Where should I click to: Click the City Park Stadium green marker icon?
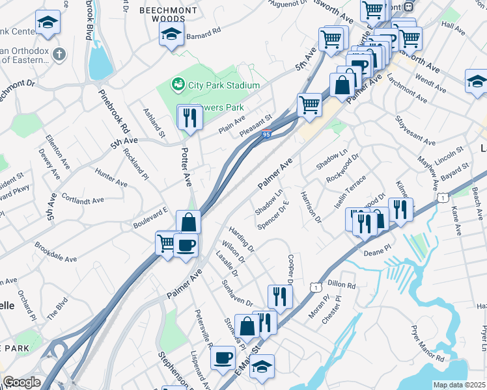pyautogui.click(x=176, y=84)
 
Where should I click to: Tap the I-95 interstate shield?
pyautogui.click(x=266, y=135)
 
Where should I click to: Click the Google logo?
pyautogui.click(x=21, y=382)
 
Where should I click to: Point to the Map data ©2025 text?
pyautogui.click(x=459, y=385)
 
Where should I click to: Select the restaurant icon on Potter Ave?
pyautogui.click(x=190, y=118)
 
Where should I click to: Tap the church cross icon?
pyautogui.click(x=59, y=54)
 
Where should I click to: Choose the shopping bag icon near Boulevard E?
pyautogui.click(x=188, y=223)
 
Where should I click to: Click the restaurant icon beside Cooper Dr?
pyautogui.click(x=280, y=296)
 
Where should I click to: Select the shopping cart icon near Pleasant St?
pyautogui.click(x=309, y=105)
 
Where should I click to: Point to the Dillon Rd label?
pyautogui.click(x=342, y=284)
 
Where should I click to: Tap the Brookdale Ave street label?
pyautogui.click(x=55, y=253)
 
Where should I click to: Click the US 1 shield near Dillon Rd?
pyautogui.click(x=316, y=286)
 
